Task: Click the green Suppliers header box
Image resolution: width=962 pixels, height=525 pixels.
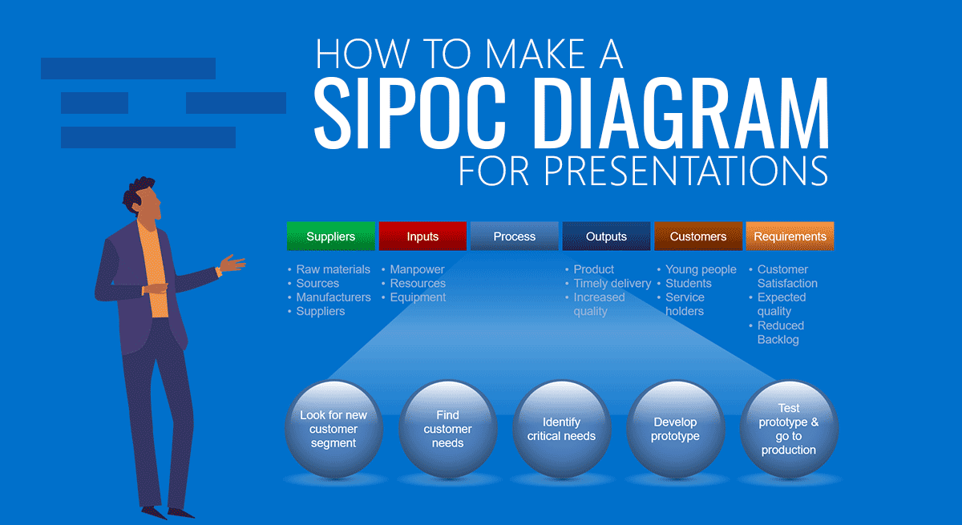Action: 330,236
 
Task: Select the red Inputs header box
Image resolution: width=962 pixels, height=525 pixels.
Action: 422,236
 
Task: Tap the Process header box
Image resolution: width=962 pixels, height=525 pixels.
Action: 515,236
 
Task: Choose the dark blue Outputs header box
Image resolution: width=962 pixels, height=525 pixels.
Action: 606,236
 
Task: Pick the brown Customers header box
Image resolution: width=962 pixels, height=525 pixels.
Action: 698,236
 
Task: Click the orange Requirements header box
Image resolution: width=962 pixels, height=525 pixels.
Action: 790,236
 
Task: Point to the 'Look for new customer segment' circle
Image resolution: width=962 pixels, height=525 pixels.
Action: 333,429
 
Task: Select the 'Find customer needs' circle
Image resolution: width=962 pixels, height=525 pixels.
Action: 448,429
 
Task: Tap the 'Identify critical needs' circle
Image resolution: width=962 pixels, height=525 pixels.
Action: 562,429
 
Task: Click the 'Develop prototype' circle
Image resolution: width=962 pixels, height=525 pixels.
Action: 676,429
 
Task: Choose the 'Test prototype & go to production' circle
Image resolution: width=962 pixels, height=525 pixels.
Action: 789,429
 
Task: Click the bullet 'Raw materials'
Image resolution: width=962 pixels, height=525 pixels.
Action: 333,269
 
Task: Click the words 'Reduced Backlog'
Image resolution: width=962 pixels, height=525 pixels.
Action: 781,333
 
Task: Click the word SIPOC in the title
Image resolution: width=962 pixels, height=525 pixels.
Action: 410,113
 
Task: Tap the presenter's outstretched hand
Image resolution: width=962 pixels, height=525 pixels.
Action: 232,263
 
